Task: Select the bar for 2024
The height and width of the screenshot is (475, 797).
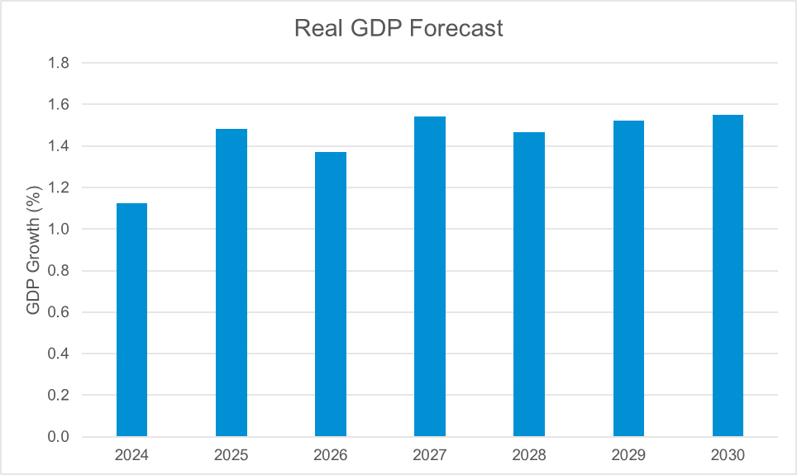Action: [x=131, y=320]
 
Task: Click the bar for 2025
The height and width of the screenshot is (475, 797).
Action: [x=231, y=283]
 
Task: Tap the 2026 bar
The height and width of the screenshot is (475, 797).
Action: [x=331, y=294]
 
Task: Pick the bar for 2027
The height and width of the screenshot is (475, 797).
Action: [x=430, y=277]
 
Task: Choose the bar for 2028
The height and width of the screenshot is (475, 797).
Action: [x=529, y=284]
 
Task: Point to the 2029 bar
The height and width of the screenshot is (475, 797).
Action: [x=628, y=278]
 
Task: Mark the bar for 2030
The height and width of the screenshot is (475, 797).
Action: [x=728, y=276]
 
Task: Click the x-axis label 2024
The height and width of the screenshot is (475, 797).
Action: [x=131, y=455]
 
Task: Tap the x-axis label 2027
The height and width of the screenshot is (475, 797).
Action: [x=430, y=455]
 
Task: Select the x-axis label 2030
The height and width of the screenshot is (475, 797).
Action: [x=728, y=455]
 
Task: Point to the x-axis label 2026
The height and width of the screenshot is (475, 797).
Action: [x=331, y=455]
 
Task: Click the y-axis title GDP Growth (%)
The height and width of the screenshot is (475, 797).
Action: [x=33, y=250]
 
